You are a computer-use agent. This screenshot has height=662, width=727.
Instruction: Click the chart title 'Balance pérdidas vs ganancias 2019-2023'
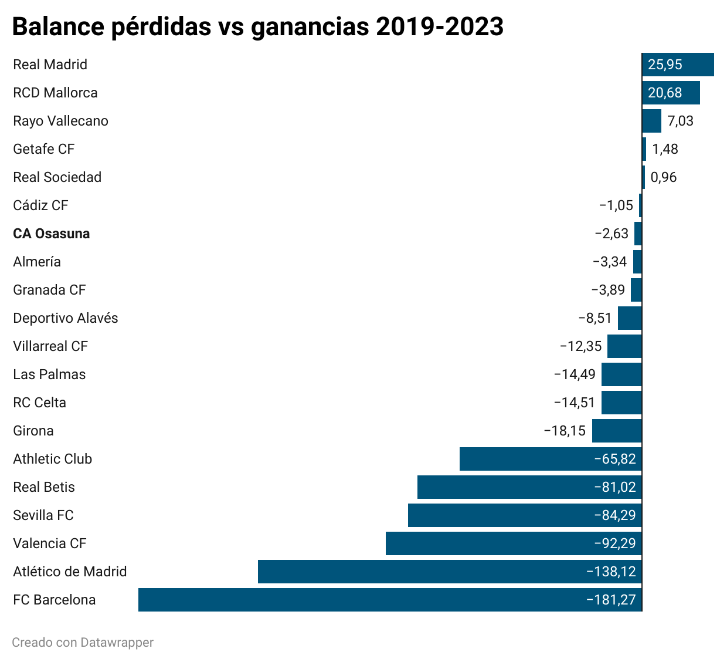(257, 27)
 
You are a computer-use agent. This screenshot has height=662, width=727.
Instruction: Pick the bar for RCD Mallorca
(671, 93)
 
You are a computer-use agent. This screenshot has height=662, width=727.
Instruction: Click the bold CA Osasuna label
(52, 234)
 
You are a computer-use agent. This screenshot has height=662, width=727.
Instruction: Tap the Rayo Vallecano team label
(60, 121)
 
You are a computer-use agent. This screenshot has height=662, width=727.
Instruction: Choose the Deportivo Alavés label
(66, 318)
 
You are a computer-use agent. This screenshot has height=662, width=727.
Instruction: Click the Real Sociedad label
(57, 177)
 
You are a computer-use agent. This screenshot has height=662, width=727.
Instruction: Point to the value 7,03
(680, 121)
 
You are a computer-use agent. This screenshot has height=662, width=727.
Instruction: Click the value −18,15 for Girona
(565, 431)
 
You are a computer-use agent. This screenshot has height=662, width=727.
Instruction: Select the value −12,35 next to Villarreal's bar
(580, 346)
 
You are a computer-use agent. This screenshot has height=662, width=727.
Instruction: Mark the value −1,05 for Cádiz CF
(616, 205)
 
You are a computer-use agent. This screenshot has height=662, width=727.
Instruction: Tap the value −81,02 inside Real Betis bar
(615, 487)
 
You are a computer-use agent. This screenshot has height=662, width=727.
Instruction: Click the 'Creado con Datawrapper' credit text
(83, 643)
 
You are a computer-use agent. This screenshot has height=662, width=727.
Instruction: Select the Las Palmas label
(49, 374)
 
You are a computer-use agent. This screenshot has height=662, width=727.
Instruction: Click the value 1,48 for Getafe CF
(665, 149)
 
